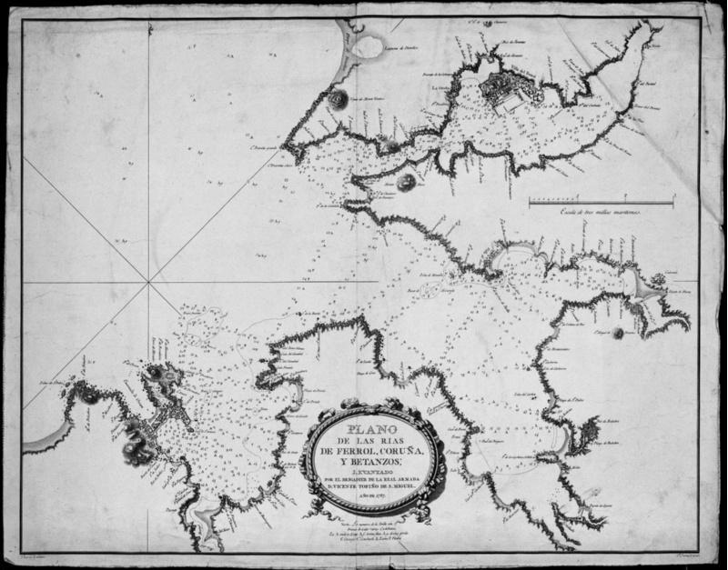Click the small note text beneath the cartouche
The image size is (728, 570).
tap(374, 527)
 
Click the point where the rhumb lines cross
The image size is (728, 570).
tap(148, 283)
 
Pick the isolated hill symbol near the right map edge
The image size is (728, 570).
tap(620, 333)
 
